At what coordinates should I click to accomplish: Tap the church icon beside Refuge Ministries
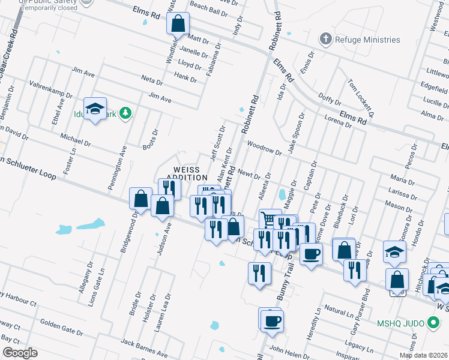coord(326,40)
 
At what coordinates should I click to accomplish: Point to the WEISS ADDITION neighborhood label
coord(187,174)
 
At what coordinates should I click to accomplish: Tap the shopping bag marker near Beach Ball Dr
coord(178,25)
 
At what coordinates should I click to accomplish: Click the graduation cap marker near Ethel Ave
coord(95,109)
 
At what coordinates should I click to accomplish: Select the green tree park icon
coord(125,113)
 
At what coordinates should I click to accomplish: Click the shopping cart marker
coord(270,220)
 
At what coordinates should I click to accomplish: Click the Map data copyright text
coord(424,355)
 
